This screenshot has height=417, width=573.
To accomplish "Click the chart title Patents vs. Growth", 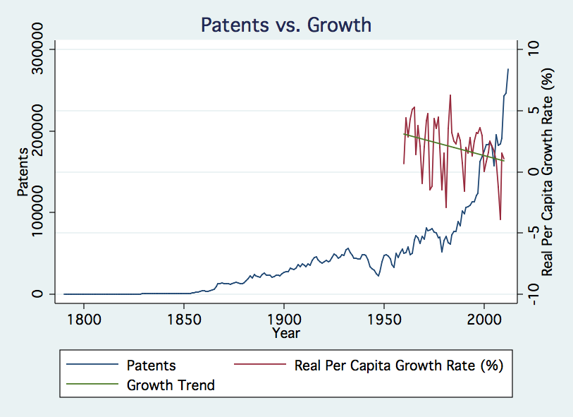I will click(x=285, y=25).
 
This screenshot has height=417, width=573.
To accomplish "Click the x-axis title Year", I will click(x=286, y=333).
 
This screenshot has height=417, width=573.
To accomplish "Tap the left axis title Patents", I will click(x=23, y=171).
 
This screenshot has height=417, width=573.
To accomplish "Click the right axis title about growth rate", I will click(x=548, y=171).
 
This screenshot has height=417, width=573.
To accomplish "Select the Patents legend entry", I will click(x=151, y=365).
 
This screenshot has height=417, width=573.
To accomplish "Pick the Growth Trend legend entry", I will click(x=171, y=385).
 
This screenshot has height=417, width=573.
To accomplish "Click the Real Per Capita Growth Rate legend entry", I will click(x=398, y=365).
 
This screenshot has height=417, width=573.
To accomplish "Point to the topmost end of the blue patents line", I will click(x=508, y=69).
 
